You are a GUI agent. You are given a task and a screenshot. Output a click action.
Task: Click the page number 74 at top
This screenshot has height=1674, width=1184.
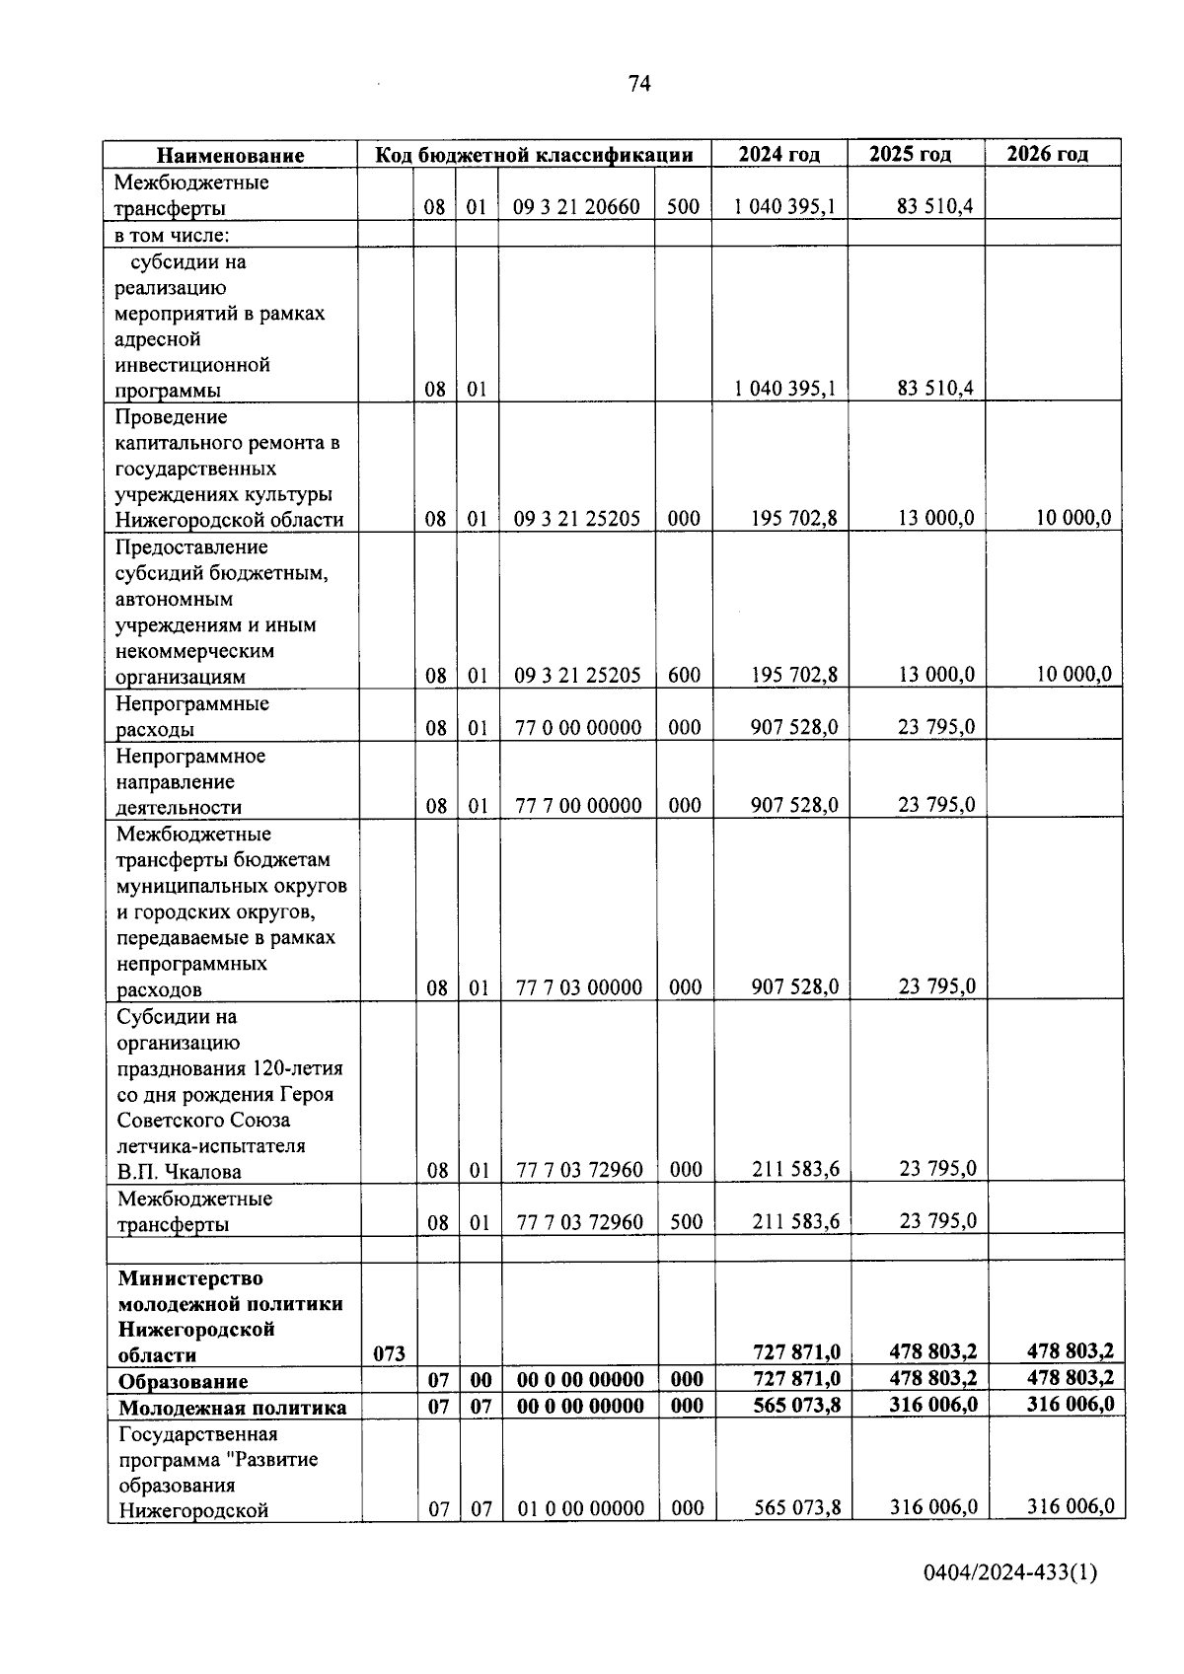click(638, 84)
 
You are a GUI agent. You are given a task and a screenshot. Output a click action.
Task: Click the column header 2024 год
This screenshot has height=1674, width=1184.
click(778, 154)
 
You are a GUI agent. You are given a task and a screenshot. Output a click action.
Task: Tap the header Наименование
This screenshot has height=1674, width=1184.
click(231, 156)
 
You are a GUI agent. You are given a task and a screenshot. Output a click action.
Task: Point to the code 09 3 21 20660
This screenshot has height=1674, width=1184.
click(576, 207)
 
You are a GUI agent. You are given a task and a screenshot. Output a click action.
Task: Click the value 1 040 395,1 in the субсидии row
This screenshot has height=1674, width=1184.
click(784, 389)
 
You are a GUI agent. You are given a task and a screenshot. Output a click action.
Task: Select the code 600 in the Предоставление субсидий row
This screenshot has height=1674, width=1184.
click(684, 676)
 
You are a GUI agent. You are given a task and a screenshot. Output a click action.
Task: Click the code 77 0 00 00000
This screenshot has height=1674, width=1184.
click(578, 728)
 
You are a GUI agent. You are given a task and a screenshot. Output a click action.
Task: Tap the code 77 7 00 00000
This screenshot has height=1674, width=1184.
click(578, 806)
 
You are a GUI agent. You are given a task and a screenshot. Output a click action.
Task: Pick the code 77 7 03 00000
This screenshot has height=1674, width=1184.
click(578, 988)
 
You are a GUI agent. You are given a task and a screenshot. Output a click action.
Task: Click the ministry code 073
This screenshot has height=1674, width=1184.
click(389, 1354)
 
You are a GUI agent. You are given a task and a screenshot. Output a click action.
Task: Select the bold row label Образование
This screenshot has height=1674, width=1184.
click(183, 1381)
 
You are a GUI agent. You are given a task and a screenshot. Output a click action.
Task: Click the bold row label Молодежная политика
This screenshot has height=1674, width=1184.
click(232, 1408)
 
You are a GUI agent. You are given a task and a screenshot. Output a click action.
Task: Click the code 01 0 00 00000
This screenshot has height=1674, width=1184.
click(580, 1509)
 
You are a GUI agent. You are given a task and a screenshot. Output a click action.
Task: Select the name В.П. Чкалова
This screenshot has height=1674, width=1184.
click(179, 1172)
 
